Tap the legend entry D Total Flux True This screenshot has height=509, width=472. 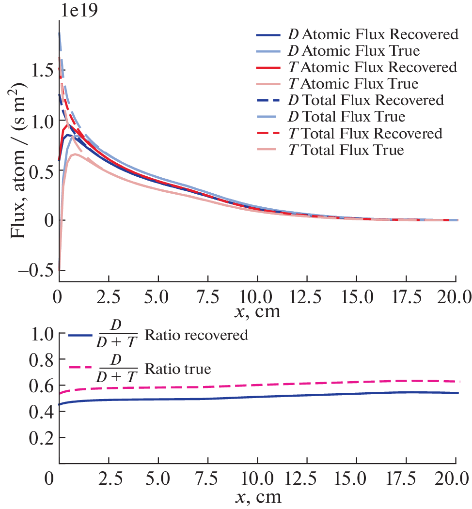353,117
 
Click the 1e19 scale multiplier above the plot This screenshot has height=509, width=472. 79,11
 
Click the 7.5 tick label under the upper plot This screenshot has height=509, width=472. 207,295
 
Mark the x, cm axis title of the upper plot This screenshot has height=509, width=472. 257,311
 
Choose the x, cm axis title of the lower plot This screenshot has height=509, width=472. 257,497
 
